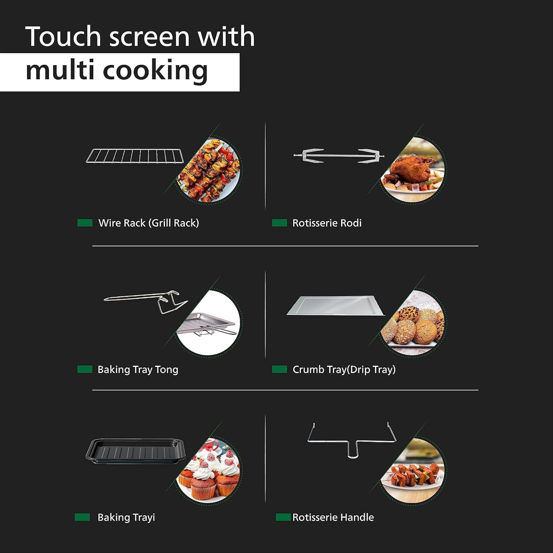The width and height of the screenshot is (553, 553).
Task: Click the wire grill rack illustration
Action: point(135,156)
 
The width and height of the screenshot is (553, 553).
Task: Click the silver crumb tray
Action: point(335,306)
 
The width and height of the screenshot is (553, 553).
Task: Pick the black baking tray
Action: point(135,451)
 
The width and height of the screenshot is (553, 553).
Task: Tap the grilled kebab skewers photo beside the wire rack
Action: point(209,170)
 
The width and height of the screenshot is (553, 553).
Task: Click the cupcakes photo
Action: point(209,470)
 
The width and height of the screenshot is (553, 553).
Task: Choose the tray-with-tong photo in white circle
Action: point(209,322)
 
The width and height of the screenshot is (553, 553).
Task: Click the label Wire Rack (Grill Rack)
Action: point(149,223)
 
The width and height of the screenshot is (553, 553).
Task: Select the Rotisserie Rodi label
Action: point(327,223)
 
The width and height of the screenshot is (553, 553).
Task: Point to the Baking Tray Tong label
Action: point(138,369)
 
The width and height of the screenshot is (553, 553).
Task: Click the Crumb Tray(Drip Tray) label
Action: point(344,369)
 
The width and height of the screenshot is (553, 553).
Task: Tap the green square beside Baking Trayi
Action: point(82,517)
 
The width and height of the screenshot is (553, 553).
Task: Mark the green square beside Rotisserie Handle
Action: point(283,517)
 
